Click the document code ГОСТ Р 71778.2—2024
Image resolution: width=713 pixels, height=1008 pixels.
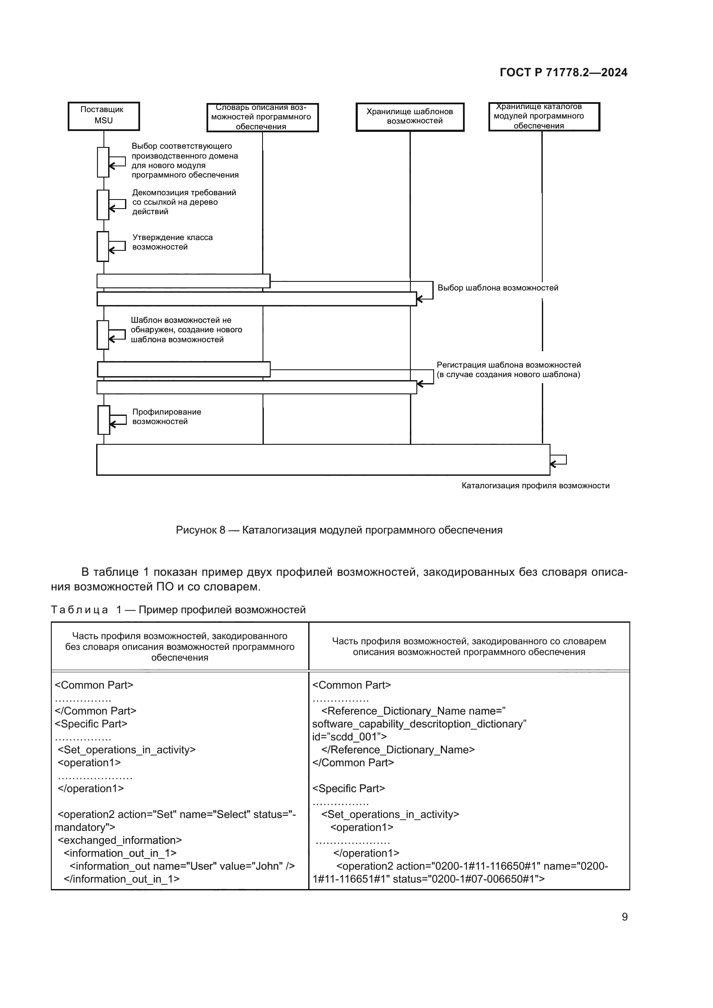(x=563, y=73)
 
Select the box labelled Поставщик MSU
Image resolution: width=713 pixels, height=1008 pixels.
(x=103, y=116)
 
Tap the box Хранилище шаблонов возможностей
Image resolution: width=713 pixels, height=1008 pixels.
(x=410, y=117)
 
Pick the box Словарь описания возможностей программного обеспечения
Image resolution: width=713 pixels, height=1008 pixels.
(x=262, y=117)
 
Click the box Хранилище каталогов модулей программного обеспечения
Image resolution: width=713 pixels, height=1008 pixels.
(x=544, y=117)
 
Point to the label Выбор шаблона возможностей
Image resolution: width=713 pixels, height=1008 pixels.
(x=497, y=288)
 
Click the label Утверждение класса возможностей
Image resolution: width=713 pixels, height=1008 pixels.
(x=172, y=242)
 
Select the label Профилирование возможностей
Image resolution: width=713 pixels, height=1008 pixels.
(x=166, y=417)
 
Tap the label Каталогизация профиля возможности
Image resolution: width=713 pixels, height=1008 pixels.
(x=535, y=486)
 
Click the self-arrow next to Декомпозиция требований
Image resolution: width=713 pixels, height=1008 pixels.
(x=117, y=205)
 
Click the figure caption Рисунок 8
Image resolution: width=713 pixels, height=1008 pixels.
(x=338, y=531)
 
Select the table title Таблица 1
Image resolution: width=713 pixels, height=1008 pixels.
(x=178, y=610)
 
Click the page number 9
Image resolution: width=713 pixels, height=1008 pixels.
(x=624, y=917)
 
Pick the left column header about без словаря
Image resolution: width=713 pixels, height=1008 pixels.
(x=180, y=647)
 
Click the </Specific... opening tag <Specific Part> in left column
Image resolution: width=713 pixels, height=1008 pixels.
(x=91, y=724)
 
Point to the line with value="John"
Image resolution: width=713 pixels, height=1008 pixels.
(x=182, y=866)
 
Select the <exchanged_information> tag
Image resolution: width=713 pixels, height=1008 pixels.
(x=119, y=840)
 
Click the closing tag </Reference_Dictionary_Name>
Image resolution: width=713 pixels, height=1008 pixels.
(x=398, y=749)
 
